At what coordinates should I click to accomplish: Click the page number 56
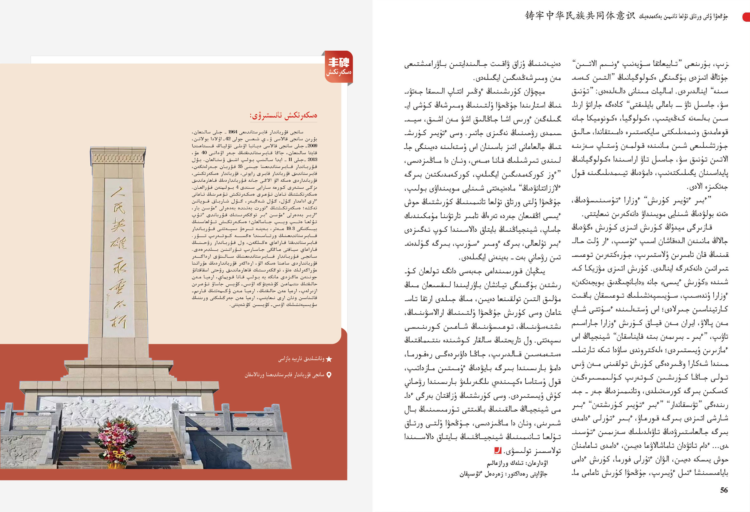click(724, 490)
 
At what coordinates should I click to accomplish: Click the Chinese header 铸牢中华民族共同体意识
click(580, 16)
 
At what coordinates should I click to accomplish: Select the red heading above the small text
click(283, 115)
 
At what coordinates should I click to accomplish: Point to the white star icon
click(329, 359)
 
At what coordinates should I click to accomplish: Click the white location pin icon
click(329, 375)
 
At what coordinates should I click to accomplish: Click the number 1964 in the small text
click(233, 132)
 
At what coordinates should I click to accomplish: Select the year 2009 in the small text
click(312, 146)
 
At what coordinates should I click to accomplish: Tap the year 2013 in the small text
click(312, 159)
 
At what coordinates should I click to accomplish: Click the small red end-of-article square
click(498, 450)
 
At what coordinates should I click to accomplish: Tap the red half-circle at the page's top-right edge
click(746, 17)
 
